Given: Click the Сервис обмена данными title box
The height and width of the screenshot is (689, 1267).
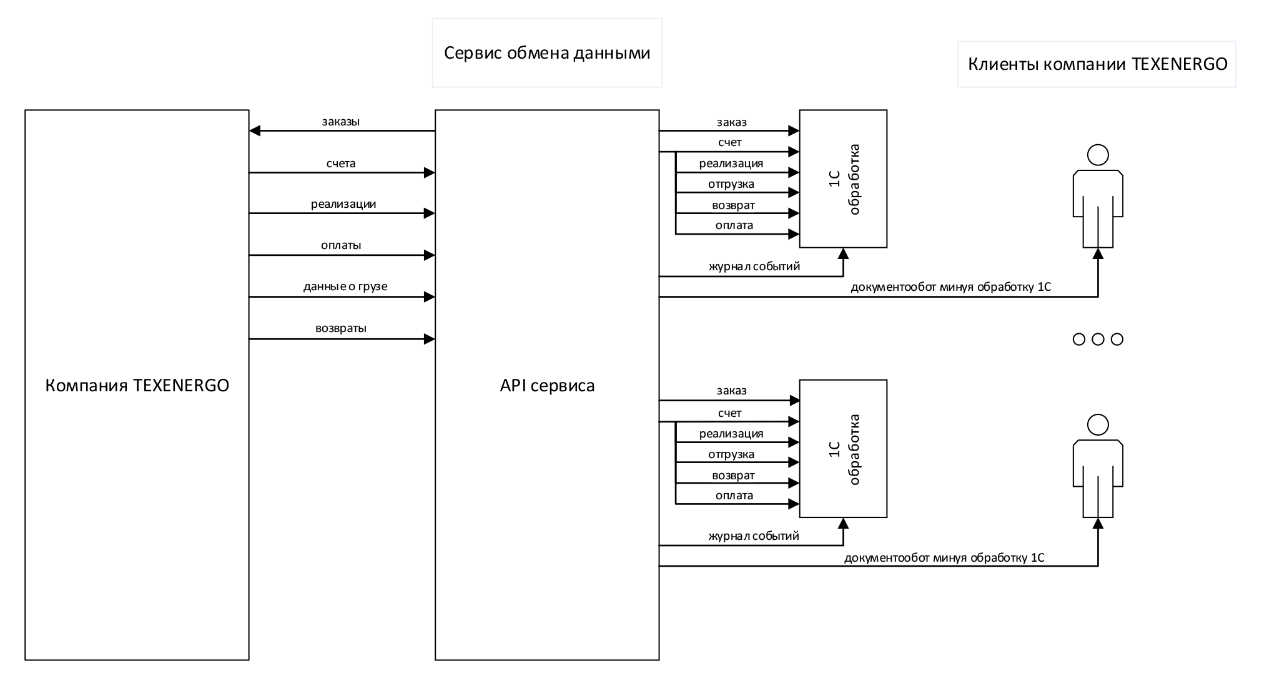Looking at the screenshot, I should click(546, 53).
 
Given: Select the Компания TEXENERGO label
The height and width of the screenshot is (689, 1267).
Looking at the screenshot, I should click(137, 386).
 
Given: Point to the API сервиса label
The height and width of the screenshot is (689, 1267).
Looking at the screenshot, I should click(547, 386).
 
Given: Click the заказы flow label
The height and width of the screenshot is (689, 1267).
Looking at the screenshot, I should click(341, 122).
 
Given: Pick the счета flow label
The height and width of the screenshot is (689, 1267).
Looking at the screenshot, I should click(341, 164).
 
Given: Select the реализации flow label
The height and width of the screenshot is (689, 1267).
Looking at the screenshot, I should click(343, 204).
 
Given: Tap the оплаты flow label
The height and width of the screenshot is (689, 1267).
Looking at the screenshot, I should click(341, 245).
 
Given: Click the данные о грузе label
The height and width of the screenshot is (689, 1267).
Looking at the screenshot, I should click(345, 286).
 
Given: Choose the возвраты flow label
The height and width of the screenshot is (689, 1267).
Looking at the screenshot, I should click(341, 328).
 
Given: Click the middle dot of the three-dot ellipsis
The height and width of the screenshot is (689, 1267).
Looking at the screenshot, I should click(1098, 340).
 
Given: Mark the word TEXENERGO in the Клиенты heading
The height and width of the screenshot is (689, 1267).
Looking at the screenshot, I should click(1180, 64).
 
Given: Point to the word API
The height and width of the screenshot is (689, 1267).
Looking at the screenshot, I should click(513, 386).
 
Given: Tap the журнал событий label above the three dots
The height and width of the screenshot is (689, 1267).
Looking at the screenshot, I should click(754, 266).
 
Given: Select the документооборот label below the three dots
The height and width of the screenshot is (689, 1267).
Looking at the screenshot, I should click(943, 558).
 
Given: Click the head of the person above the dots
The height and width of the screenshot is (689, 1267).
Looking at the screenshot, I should click(1098, 155).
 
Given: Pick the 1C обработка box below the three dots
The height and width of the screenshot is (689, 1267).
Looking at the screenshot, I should click(843, 449).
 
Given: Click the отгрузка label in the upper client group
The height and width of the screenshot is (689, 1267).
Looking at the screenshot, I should click(731, 184).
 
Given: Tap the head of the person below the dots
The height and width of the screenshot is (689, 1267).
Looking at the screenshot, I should click(1098, 425).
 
